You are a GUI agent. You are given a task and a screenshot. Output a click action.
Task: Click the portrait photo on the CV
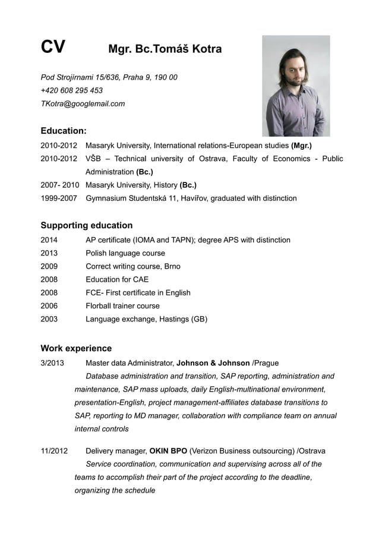(296, 86)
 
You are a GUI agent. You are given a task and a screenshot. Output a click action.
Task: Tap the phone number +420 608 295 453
(71, 90)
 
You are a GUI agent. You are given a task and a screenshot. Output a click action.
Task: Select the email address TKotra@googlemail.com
(83, 103)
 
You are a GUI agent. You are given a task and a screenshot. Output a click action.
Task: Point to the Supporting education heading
(86, 225)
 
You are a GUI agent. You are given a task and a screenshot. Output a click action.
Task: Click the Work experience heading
(76, 348)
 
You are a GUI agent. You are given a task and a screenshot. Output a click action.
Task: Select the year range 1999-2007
(58, 198)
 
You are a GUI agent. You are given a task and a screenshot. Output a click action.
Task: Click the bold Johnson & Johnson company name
(213, 363)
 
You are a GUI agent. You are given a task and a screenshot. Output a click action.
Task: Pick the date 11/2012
(54, 451)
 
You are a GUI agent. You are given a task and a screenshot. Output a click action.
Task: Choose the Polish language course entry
(125, 253)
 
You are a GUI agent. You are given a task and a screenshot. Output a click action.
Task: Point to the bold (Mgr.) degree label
(301, 146)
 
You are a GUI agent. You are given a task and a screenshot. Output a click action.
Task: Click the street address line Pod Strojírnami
(109, 77)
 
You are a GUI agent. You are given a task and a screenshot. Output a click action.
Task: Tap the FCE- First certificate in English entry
(138, 292)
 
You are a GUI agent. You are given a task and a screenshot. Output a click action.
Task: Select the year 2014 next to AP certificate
(49, 240)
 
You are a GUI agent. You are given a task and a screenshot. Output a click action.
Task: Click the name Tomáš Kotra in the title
(187, 49)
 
